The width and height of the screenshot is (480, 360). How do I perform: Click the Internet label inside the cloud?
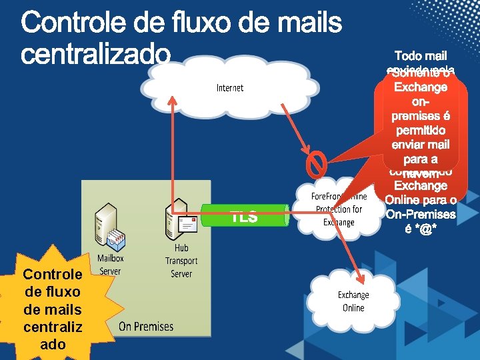[230, 88]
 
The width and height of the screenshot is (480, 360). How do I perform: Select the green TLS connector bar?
[243, 216]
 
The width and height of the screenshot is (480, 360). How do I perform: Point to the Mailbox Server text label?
[110, 264]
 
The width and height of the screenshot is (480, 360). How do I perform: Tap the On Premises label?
[145, 326]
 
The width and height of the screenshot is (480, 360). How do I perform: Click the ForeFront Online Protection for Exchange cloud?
[338, 209]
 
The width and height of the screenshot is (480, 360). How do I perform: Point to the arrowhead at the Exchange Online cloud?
[361, 275]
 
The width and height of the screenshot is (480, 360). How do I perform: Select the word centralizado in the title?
[96, 55]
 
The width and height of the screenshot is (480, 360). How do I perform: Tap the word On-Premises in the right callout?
[420, 214]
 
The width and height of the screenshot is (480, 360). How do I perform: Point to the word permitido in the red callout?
[421, 130]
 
